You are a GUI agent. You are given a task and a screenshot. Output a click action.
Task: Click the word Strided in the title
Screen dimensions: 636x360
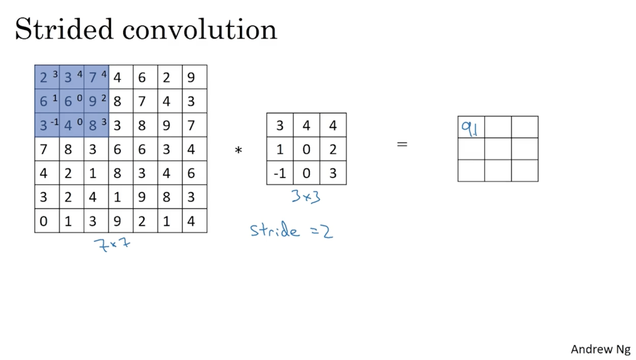(x=64, y=29)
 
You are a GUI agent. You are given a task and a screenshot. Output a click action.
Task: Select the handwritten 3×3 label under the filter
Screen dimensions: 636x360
(x=306, y=197)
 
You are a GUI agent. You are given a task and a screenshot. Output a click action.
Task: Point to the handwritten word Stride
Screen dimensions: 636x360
(x=274, y=230)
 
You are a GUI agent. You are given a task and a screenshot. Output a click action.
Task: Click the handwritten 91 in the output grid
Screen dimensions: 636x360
(x=470, y=129)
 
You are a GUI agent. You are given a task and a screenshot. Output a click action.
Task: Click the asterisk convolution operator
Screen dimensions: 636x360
(x=238, y=150)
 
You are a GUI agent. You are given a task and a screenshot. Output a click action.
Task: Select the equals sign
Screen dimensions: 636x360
(x=402, y=144)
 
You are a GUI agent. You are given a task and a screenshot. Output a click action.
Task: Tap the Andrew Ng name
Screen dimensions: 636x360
(x=600, y=349)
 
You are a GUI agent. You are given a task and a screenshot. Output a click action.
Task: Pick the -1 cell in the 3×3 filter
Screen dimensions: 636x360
(x=280, y=173)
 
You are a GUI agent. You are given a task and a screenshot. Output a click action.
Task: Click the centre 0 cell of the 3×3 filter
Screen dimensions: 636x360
(x=306, y=149)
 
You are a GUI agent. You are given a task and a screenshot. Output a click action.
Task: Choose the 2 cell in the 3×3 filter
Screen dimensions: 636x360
(x=333, y=149)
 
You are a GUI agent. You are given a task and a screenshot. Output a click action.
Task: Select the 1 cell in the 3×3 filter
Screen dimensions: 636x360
(x=280, y=149)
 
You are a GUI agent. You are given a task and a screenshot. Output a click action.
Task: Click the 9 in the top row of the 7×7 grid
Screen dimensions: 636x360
(x=191, y=77)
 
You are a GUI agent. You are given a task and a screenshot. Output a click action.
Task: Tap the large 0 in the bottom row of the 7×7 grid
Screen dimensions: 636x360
(x=43, y=221)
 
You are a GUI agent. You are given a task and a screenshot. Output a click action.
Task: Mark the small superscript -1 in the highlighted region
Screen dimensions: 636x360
(x=54, y=122)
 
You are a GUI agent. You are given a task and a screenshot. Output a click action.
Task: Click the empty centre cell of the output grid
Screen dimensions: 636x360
(x=498, y=149)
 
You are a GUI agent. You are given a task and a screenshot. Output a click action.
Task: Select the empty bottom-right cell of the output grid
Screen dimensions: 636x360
(x=524, y=171)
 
